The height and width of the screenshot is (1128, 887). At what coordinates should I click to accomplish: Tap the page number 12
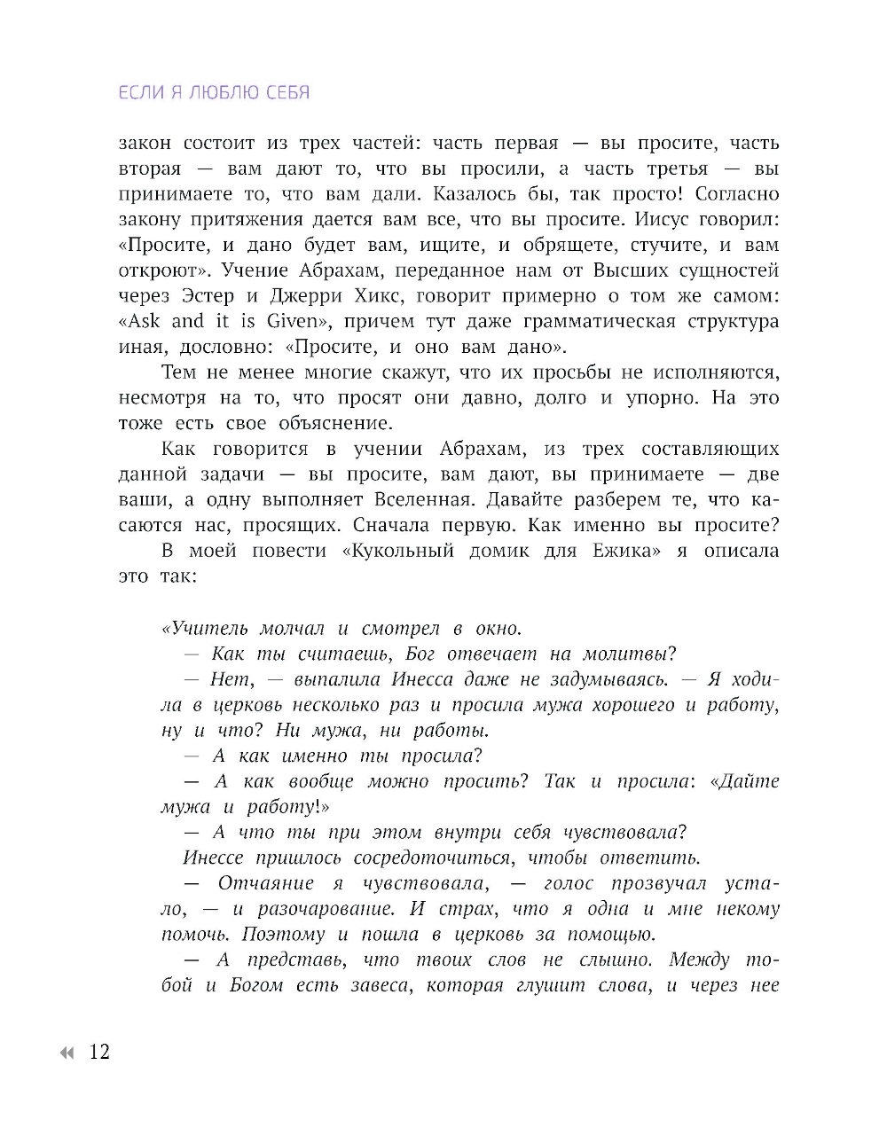point(98,1053)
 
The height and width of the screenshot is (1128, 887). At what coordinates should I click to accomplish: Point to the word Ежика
point(626,551)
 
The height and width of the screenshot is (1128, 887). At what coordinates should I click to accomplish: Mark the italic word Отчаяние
point(266,883)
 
